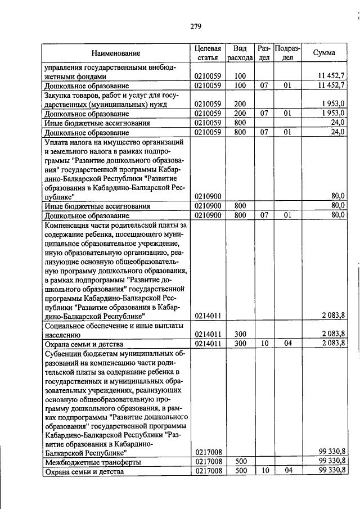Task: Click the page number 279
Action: click(x=195, y=26)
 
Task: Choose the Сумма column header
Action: click(x=325, y=53)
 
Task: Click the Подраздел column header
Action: click(x=287, y=53)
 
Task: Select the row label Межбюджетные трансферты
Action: click(x=85, y=462)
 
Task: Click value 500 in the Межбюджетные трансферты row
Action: click(x=240, y=462)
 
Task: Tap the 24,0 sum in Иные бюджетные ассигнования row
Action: click(x=337, y=122)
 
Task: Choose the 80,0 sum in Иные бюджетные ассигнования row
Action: click(x=337, y=205)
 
